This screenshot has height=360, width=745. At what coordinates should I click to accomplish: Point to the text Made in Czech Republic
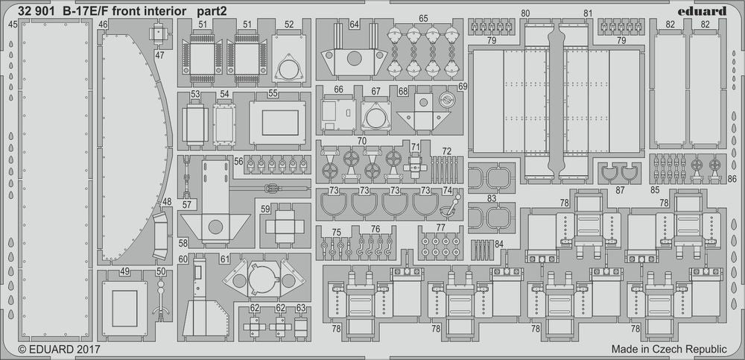click(668, 349)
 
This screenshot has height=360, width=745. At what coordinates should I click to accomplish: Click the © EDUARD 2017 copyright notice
click(59, 349)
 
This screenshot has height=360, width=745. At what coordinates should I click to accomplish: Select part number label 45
click(13, 25)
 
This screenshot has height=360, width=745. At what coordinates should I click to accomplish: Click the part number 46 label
click(104, 25)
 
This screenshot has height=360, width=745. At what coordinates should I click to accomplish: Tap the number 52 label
click(289, 24)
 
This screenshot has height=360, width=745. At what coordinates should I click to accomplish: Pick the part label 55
click(273, 94)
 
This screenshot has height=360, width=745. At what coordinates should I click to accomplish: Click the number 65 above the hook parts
click(423, 19)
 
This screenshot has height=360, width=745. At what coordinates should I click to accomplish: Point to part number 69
click(463, 87)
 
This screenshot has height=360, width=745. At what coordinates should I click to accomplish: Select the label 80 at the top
click(525, 13)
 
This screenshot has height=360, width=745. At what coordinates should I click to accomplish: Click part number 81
click(588, 13)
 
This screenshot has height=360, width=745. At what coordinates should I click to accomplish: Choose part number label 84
click(499, 244)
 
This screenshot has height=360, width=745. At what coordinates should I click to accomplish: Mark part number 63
click(300, 307)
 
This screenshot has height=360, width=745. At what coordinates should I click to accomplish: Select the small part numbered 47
click(159, 34)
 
